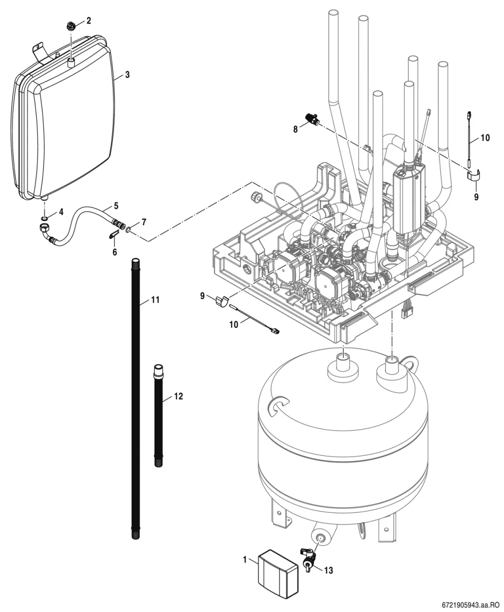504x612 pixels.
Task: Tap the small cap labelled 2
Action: pyautogui.click(x=71, y=26)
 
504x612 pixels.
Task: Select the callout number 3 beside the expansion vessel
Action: pyautogui.click(x=127, y=75)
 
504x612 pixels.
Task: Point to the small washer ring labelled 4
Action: pyautogui.click(x=45, y=218)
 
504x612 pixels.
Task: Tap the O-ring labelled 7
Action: pyautogui.click(x=128, y=230)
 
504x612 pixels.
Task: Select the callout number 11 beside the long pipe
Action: pyautogui.click(x=155, y=300)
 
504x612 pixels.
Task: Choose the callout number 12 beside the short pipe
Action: pyautogui.click(x=178, y=396)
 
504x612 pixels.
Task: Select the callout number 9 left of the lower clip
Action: pyautogui.click(x=202, y=296)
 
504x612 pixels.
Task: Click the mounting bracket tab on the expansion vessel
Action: pyautogui.click(x=39, y=51)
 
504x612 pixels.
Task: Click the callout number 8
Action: pyautogui.click(x=295, y=129)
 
